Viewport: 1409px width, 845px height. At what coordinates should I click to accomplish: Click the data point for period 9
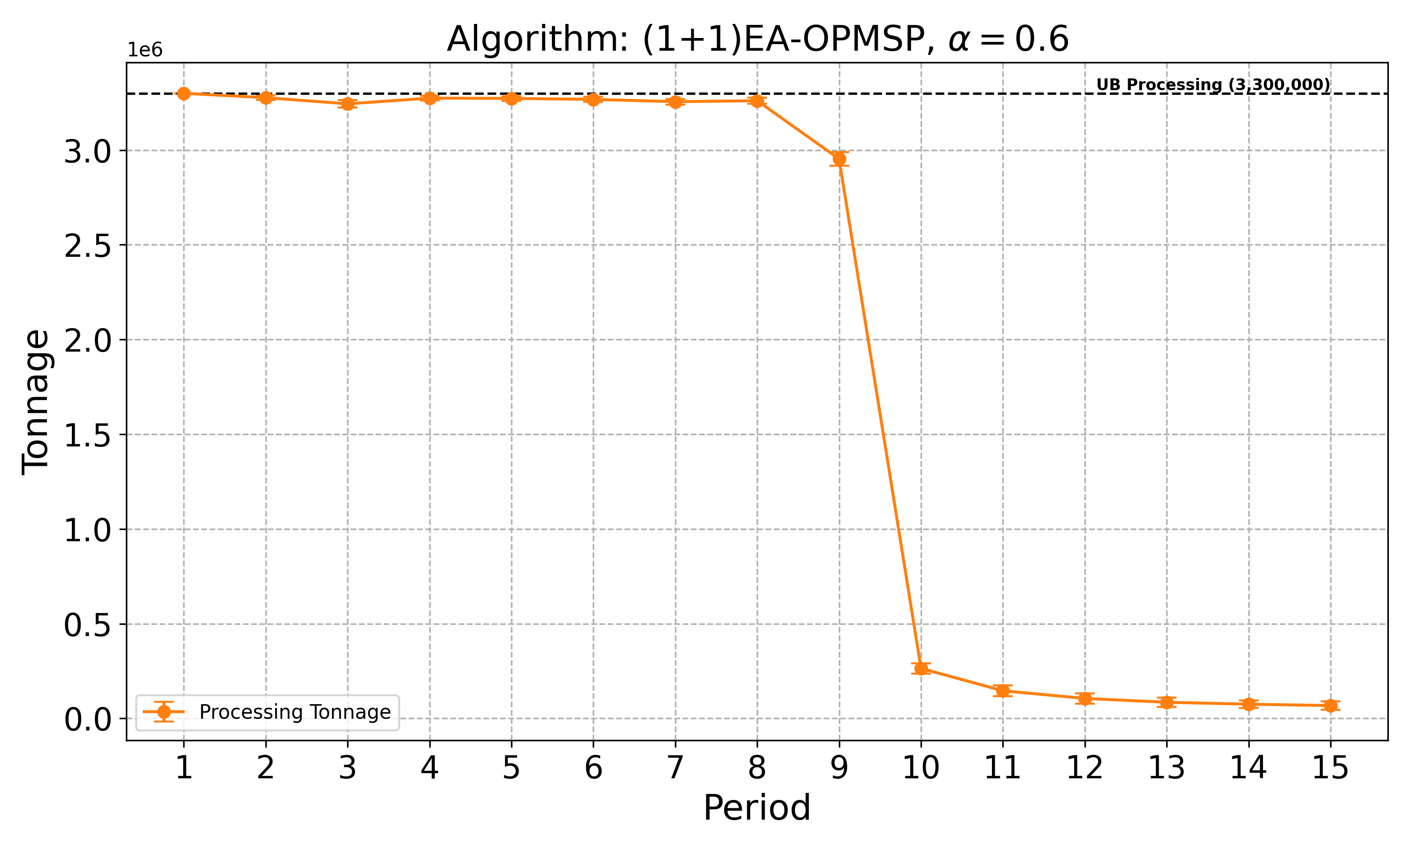(839, 159)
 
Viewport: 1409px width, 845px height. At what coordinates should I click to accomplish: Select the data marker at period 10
(921, 668)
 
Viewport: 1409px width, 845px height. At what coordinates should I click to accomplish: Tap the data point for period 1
(183, 93)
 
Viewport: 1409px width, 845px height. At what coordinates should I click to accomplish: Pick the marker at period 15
(1331, 706)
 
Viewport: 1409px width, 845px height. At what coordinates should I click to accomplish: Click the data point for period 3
(348, 104)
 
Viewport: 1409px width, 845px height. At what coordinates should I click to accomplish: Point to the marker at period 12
(1085, 699)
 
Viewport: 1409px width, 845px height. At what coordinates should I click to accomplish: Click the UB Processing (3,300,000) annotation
(1213, 85)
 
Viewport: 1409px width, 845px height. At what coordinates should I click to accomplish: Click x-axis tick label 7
(675, 768)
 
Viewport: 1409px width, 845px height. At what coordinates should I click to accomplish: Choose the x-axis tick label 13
(1166, 768)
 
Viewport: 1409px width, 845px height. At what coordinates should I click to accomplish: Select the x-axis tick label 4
(429, 768)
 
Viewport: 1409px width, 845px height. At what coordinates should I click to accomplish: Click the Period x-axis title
(757, 808)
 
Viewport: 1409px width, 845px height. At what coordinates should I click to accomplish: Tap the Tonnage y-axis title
(35, 402)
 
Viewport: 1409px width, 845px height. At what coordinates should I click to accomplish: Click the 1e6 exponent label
(145, 51)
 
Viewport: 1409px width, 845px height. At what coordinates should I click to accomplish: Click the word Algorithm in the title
(538, 40)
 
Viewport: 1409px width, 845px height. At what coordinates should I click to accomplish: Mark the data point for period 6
(594, 100)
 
